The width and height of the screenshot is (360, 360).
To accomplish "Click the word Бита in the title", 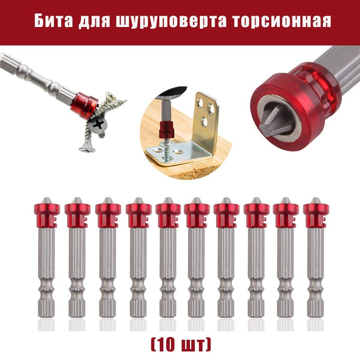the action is pos(54,21).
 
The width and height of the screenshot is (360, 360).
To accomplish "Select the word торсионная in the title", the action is pos(282,21).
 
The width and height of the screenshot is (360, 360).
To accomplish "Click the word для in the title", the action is pos(94,22).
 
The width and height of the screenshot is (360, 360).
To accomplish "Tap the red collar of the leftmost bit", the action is pos(47,215).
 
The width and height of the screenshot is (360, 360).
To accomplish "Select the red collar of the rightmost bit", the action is pos(316,215).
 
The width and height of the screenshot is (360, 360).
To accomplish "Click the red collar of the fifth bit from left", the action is pos(168,215).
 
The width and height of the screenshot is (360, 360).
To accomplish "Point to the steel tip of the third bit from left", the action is pos(108,200).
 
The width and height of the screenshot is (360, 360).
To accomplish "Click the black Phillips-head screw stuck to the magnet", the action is pos(98,125).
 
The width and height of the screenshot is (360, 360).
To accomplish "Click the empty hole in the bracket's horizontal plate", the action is pos(178,152).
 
